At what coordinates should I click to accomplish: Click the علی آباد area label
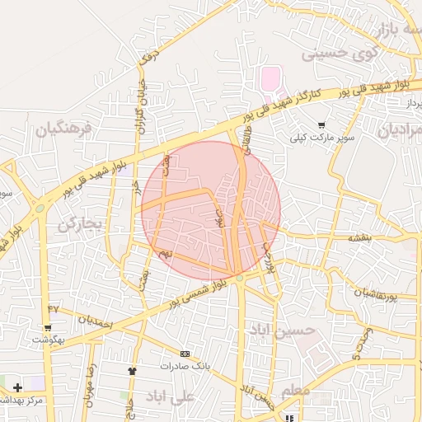(169, 396)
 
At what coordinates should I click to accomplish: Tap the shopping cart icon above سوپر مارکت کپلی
(321, 124)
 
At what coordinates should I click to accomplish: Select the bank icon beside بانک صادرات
(183, 352)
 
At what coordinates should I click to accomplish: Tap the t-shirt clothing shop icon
(131, 370)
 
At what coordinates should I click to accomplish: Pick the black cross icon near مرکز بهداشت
(17, 387)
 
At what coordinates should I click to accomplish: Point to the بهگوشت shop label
(49, 340)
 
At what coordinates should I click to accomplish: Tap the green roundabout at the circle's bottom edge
(240, 279)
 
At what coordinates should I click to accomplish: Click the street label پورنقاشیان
(380, 293)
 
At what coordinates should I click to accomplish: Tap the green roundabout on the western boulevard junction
(40, 209)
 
